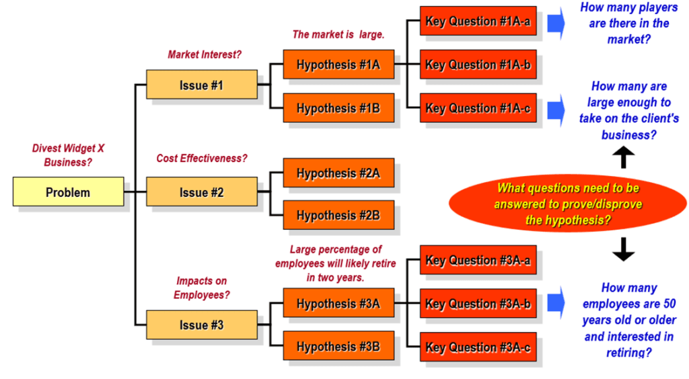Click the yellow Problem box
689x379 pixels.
click(68, 192)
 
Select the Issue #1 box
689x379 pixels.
click(202, 84)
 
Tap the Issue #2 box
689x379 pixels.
click(202, 192)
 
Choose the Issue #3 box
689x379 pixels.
click(202, 325)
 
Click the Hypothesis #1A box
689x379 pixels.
click(338, 65)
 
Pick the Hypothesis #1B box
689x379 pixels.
click(338, 108)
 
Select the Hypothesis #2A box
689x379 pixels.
click(338, 173)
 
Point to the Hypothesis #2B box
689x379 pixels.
click(338, 215)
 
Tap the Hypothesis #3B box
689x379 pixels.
click(338, 346)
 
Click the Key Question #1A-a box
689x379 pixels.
click(478, 21)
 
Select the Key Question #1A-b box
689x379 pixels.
click(478, 65)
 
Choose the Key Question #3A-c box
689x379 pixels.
click(478, 347)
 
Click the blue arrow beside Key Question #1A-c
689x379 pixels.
click(556, 110)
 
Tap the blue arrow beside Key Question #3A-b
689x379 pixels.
click(556, 302)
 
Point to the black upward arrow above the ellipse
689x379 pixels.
click(624, 157)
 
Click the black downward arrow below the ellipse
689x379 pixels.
click(624, 249)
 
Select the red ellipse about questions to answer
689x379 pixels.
click(568, 204)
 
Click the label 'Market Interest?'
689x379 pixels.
click(205, 54)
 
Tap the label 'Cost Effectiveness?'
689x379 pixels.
click(202, 159)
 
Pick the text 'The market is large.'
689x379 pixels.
click(338, 34)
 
